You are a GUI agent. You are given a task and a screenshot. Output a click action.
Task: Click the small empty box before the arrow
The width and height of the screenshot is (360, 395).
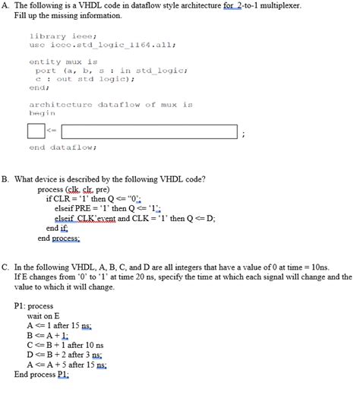pos(36,132)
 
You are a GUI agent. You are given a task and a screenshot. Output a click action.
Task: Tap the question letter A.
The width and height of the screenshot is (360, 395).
pos(5,6)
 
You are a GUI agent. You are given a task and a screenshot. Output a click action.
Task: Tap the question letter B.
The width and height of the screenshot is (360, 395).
pos(5,179)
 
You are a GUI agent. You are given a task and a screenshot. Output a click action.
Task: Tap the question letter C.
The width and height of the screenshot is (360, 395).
pos(5,267)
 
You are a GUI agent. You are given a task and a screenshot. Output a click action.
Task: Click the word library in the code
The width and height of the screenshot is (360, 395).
pos(46,35)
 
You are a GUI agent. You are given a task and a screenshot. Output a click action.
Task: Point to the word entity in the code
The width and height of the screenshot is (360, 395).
pos(45,62)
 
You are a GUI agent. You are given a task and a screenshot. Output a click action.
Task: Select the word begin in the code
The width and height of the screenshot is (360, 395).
pos(42,112)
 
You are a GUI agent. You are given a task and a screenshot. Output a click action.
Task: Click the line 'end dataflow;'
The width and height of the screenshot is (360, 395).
pos(62,147)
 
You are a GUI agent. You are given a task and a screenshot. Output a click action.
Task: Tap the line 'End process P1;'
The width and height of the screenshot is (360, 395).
pos(42,374)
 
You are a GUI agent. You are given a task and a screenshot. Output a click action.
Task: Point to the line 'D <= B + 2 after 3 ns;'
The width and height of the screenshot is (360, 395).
pos(65,354)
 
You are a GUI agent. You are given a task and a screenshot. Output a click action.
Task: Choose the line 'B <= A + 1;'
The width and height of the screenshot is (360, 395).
pos(47,334)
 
